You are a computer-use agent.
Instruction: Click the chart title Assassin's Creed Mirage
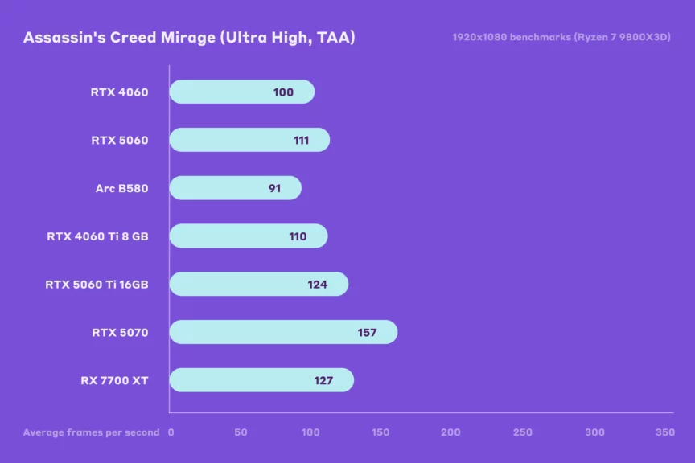[x=189, y=38]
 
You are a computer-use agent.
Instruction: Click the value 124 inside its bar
[x=317, y=285]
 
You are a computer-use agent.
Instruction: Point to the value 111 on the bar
[x=302, y=140]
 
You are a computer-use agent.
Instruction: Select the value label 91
[x=274, y=188]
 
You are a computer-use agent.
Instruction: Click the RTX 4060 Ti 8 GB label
[x=97, y=236]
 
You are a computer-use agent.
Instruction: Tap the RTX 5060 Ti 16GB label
[x=97, y=285]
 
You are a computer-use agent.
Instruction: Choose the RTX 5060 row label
[x=119, y=140]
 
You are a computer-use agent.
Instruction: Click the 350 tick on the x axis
[x=664, y=432]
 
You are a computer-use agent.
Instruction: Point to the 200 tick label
[x=451, y=432]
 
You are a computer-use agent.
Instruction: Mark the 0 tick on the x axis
[x=171, y=432]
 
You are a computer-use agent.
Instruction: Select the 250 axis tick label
[x=522, y=432]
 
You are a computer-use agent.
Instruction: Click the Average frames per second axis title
[x=91, y=432]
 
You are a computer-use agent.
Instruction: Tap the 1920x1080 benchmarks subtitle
[x=561, y=37]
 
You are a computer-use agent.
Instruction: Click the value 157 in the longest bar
[x=367, y=333]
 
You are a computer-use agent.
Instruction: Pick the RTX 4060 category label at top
[x=119, y=92]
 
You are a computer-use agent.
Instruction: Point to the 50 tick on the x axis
[x=241, y=432]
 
